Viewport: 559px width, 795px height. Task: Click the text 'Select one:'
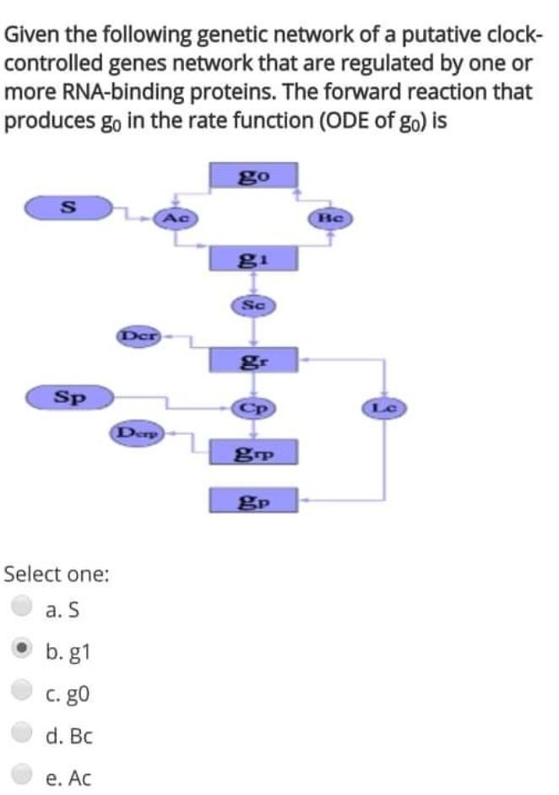pyautogui.click(x=57, y=574)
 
